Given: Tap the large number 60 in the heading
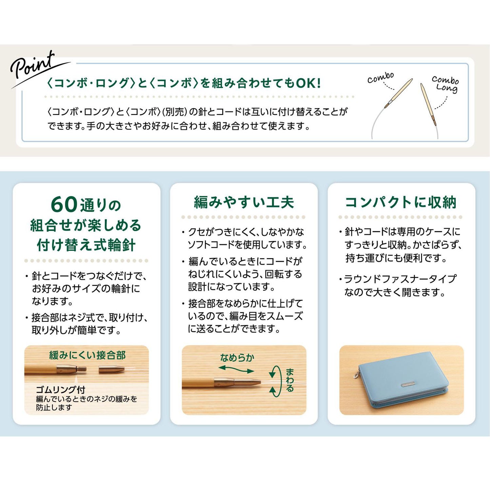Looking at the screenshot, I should tap(64, 204).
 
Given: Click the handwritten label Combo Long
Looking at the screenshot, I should tap(445, 84).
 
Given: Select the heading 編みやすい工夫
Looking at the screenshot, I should tap(244, 202).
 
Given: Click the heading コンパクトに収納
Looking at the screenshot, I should tap(401, 202).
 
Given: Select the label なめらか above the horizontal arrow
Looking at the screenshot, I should tap(237, 357).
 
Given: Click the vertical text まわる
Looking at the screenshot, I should tap(290, 380).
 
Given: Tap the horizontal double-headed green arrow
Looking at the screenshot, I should tap(236, 369).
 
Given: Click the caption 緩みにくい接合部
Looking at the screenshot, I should tap(87, 355).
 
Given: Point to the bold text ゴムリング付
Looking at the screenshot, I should tap(60, 389).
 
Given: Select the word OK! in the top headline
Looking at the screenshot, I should tap(308, 83).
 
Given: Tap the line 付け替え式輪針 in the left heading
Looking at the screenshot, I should tap(86, 245).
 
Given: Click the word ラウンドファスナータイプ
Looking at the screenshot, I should tap(400, 279).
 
